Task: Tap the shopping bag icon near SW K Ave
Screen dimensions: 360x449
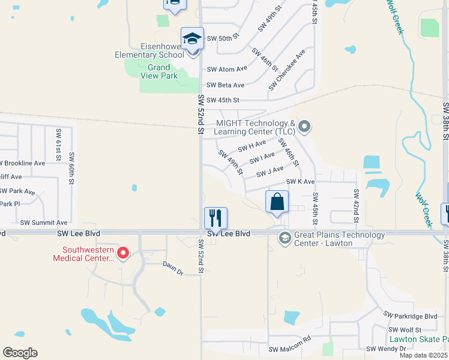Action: tap(277, 202)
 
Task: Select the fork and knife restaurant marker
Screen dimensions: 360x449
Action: tap(215, 217)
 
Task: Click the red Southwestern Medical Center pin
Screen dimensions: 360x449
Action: tap(123, 253)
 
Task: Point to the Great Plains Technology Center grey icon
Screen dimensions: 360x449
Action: tap(285, 239)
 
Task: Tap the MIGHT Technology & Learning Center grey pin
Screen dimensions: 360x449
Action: tap(304, 127)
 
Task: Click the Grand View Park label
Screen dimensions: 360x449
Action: tap(159, 71)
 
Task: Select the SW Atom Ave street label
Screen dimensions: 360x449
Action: tap(226, 69)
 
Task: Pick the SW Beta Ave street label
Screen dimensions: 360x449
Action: tap(225, 85)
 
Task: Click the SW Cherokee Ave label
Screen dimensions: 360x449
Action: tap(288, 70)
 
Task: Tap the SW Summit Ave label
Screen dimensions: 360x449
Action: tap(44, 222)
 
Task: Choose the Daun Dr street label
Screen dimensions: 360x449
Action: tap(172, 263)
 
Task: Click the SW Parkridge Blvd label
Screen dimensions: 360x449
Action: tap(411, 316)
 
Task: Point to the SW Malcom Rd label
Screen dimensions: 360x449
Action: tap(289, 349)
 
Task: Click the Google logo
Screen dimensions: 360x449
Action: tap(20, 352)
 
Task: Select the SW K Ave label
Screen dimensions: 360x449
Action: tap(300, 181)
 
